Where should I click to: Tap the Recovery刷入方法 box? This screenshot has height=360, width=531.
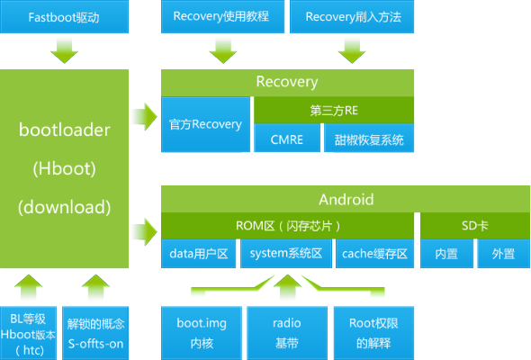[x=353, y=16]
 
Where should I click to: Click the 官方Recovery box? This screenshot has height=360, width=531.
[x=205, y=124]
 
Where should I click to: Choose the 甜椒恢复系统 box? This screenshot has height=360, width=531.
[x=369, y=139]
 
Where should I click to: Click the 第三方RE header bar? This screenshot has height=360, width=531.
[x=333, y=112]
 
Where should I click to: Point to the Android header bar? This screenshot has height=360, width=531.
[x=346, y=199]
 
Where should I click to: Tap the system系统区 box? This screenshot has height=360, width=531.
[x=287, y=254]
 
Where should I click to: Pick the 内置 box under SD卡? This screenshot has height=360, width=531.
[x=445, y=254]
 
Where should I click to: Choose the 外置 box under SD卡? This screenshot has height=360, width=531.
[x=503, y=254]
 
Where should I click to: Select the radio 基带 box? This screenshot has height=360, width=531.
[x=287, y=331]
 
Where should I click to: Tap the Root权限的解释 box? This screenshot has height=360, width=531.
[x=373, y=331]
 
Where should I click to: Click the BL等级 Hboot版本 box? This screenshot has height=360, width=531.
[x=29, y=331]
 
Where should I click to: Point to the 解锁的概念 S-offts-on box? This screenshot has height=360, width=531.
[x=94, y=331]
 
